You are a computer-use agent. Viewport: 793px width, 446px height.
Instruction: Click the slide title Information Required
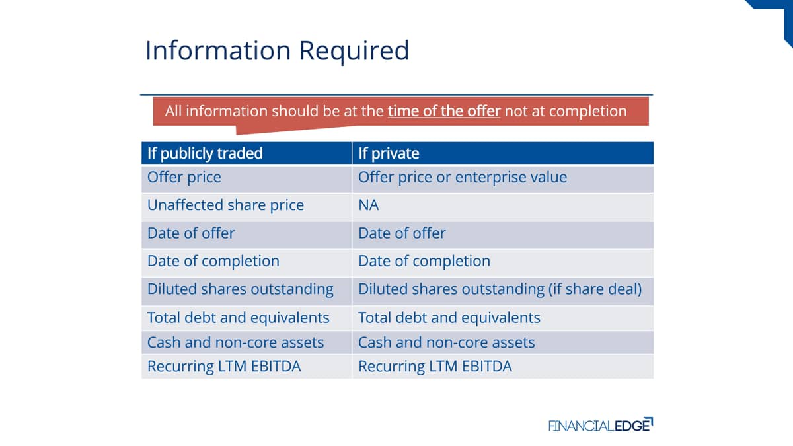[277, 51]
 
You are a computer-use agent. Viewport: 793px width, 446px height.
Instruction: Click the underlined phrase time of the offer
[444, 111]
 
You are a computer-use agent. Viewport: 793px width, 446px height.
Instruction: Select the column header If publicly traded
[205, 153]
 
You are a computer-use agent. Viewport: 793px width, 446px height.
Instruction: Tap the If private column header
[389, 153]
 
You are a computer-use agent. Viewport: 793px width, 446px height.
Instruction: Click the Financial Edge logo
[601, 425]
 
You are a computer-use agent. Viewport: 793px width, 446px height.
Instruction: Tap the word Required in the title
[354, 51]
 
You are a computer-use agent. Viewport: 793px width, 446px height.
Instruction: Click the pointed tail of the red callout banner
[237, 133]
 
